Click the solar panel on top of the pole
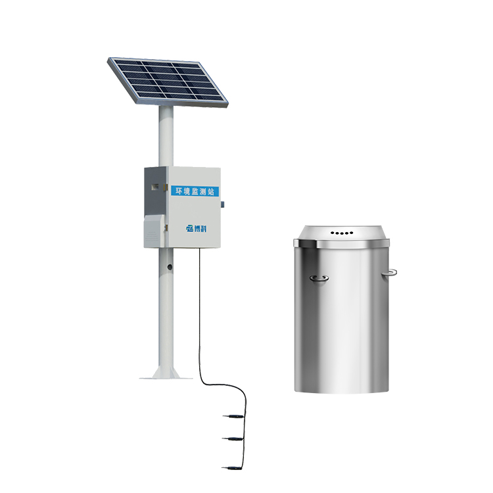coord(168,82)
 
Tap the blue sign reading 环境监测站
coord(195,191)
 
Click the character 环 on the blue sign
coord(179,191)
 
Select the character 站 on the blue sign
coord(210,191)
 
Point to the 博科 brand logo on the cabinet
coord(197,229)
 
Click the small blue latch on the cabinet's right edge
coord(222,204)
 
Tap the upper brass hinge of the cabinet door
coord(165,188)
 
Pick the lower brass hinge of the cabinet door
coord(166,227)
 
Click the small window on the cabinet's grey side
coord(154,187)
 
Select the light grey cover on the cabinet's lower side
coord(154,231)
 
